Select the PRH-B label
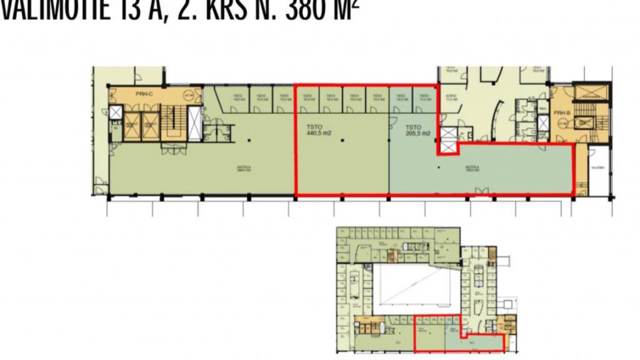click(x=560, y=113)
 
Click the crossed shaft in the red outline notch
click(x=447, y=141)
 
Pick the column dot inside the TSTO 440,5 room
click(x=342, y=140)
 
